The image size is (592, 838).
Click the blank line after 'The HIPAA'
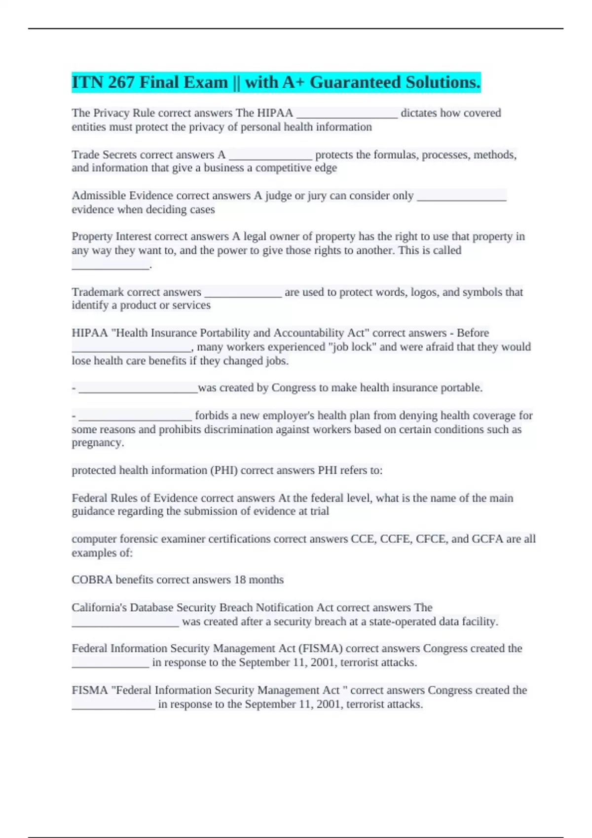(x=347, y=114)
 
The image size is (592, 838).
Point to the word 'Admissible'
(x=99, y=196)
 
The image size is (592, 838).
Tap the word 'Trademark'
(x=97, y=292)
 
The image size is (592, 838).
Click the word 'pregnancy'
(x=97, y=443)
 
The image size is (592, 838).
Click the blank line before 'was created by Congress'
(x=138, y=389)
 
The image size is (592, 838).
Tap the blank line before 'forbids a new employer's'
(x=135, y=417)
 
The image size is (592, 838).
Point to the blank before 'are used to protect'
(x=243, y=293)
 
